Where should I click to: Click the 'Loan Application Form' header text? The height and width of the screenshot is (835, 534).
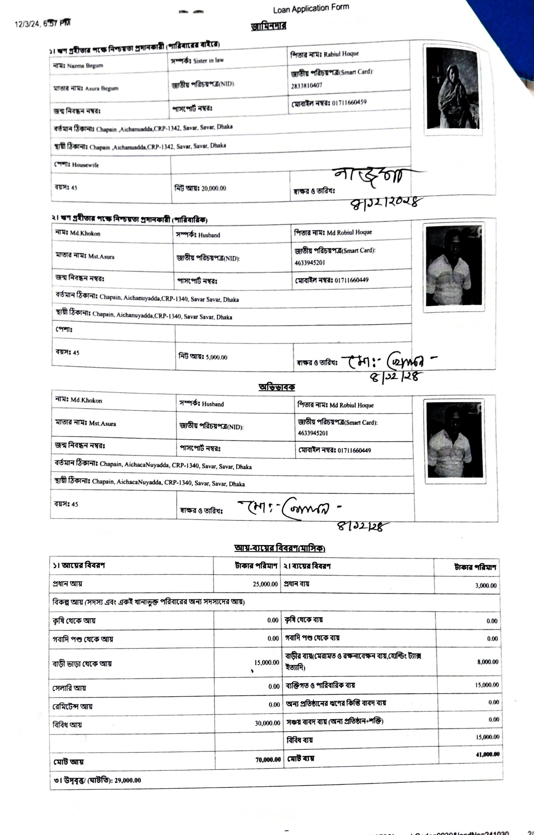tap(311, 9)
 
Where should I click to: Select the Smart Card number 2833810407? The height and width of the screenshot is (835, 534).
tap(306, 85)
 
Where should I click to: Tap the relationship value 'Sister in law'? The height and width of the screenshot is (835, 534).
tap(208, 60)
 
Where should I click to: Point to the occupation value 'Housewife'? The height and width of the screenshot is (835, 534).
tap(85, 165)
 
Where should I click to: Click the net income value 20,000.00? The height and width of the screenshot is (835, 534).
tap(214, 188)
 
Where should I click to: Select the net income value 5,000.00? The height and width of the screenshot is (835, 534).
tap(216, 357)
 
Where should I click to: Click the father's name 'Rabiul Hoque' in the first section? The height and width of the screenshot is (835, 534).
tap(341, 54)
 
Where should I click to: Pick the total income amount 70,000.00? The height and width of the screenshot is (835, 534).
tap(268, 759)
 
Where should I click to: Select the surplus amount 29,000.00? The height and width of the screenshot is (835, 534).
tap(128, 780)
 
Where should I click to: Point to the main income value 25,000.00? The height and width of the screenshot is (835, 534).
tap(265, 584)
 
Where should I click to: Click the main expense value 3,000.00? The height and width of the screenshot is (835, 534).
tap(486, 586)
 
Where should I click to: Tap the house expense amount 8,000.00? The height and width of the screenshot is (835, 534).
tap(487, 662)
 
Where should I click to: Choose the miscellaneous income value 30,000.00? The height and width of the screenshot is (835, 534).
tap(267, 723)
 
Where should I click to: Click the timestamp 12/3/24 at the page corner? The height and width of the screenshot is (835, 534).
tap(42, 24)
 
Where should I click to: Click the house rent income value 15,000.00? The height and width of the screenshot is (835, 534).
tap(267, 662)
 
